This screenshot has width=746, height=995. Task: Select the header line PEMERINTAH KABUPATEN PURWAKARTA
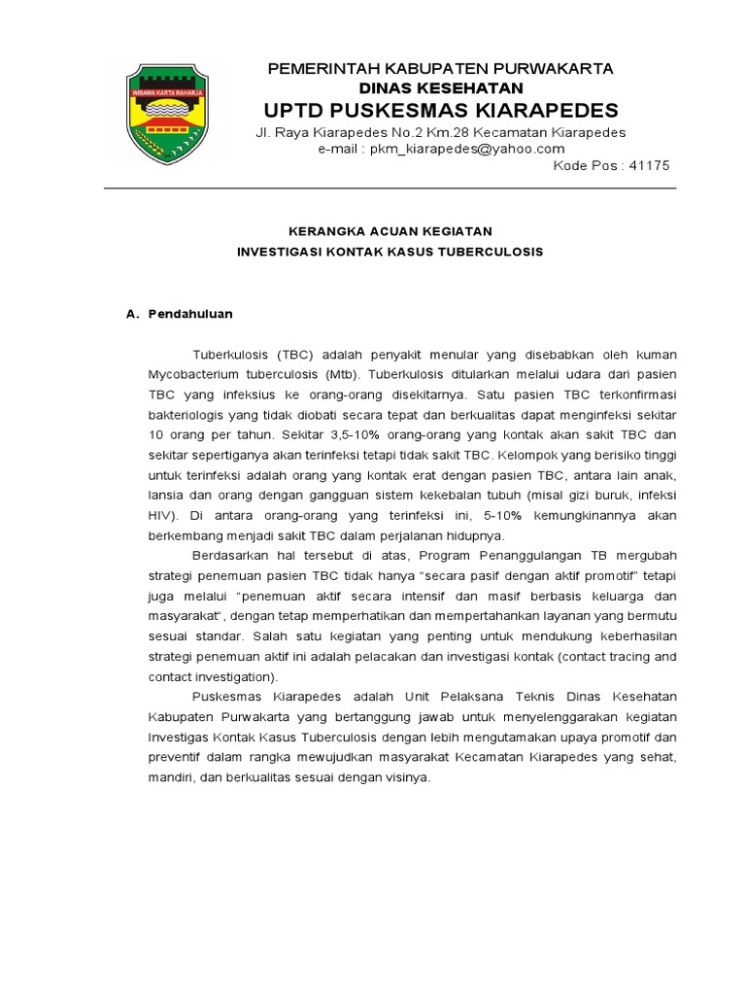pyautogui.click(x=440, y=69)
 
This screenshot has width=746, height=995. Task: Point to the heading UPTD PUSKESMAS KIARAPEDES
pyautogui.click(x=440, y=109)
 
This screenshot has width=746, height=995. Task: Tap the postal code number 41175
pyautogui.click(x=650, y=165)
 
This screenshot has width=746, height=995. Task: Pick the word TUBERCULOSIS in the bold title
pyautogui.click(x=489, y=252)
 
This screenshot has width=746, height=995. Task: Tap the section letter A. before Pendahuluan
pyautogui.click(x=134, y=315)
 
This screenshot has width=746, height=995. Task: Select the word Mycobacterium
pyautogui.click(x=192, y=374)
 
